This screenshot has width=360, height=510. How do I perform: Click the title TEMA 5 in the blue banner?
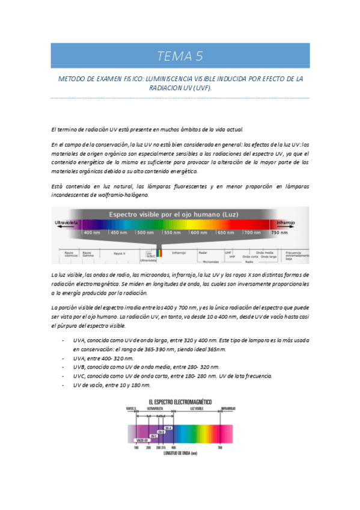[180, 57]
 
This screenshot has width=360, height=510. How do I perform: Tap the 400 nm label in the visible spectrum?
[91, 232]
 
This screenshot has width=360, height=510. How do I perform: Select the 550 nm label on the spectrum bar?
[172, 232]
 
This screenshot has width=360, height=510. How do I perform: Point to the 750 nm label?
[278, 232]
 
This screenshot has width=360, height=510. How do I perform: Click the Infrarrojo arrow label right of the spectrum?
[285, 223]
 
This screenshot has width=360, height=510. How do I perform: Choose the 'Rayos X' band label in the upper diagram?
[119, 254]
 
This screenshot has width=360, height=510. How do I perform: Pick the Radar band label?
[203, 253]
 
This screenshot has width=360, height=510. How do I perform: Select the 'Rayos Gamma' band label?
[88, 254]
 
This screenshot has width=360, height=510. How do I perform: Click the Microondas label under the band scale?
[210, 262]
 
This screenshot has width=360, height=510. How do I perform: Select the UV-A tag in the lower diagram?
[168, 428]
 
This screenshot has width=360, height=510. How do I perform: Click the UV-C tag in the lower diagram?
[154, 436]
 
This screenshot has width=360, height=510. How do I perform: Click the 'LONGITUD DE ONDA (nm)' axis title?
[180, 453]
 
